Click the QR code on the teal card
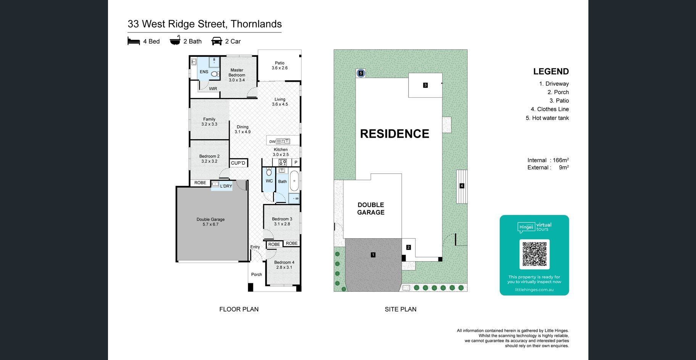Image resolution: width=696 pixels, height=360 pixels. [534, 254]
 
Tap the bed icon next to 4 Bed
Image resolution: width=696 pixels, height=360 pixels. [134, 41]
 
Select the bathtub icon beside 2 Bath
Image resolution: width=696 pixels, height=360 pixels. [175, 40]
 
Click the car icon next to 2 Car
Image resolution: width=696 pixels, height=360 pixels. [217, 41]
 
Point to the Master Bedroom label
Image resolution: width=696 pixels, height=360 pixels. [237, 75]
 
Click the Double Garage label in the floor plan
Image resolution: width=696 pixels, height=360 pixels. [211, 222]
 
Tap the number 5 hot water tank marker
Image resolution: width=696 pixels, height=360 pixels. [361, 73]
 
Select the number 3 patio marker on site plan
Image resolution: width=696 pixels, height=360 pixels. [425, 85]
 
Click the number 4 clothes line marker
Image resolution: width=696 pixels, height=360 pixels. [462, 186]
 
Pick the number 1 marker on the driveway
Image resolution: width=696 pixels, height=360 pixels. [373, 255]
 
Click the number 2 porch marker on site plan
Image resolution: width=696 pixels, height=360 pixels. [408, 247]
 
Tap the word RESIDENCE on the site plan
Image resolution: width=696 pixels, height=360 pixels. [395, 134]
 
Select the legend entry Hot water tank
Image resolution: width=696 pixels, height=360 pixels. [550, 118]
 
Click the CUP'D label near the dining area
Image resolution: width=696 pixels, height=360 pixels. [238, 163]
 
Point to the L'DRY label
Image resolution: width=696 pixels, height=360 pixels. [226, 186]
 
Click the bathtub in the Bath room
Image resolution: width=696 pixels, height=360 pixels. [294, 181]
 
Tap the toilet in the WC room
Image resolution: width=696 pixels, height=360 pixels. [269, 171]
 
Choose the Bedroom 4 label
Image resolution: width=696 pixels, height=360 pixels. [284, 265]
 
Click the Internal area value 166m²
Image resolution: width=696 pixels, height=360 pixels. [561, 160]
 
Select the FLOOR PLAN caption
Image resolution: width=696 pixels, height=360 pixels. [239, 309]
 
